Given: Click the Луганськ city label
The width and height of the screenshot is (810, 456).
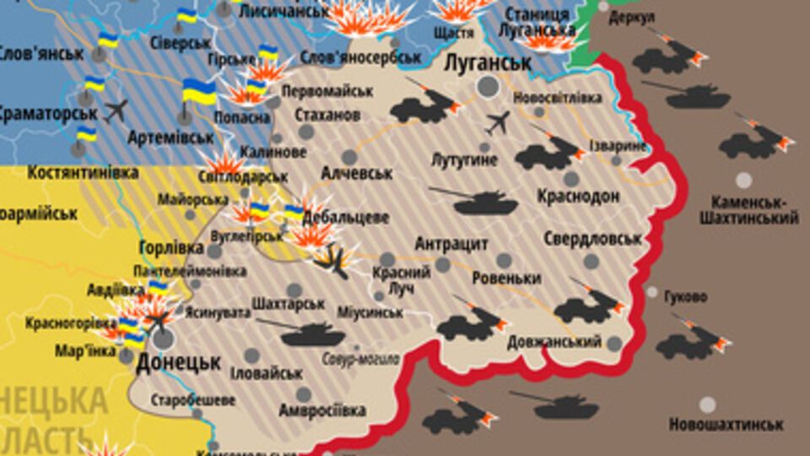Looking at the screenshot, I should click(x=488, y=63).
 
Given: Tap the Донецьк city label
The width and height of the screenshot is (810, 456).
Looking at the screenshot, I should click(x=178, y=362).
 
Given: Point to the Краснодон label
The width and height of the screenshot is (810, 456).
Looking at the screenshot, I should click(x=579, y=196).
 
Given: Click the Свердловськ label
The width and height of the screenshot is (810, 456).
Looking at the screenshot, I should click(x=592, y=238).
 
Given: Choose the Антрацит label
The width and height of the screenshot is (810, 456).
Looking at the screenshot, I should click(x=451, y=244).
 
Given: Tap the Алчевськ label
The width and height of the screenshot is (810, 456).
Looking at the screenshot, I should click(x=357, y=173).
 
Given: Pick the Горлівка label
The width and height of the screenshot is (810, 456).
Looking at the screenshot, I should click(x=171, y=248).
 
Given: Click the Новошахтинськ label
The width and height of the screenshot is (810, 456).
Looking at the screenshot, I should click(x=726, y=425).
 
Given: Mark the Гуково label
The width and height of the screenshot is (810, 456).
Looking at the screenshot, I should click(x=686, y=297).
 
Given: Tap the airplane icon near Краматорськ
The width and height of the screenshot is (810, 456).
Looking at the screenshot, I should click(x=116, y=110).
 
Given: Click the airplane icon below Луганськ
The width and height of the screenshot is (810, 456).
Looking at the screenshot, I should click(x=499, y=123).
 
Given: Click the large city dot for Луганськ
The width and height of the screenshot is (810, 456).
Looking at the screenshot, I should click(x=488, y=85).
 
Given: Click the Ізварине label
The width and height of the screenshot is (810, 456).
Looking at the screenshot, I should click(x=619, y=145).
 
